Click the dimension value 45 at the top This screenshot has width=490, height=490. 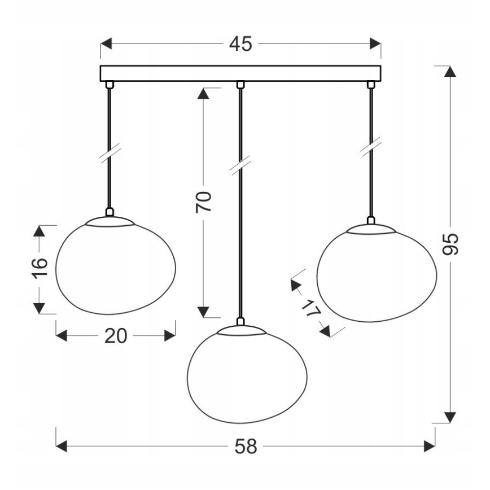click(x=240, y=45)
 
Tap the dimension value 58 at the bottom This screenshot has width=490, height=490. click(x=245, y=447)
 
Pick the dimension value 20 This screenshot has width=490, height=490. click(x=115, y=336)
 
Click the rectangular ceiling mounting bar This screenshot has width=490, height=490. click(x=240, y=73)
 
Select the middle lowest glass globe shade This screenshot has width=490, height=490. click(x=247, y=375)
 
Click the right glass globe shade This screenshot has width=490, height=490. click(x=377, y=273)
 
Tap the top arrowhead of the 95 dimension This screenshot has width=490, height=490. click(x=449, y=72)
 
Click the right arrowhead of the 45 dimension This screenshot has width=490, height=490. click(x=375, y=45)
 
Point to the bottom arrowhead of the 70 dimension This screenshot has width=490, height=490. click(x=204, y=312)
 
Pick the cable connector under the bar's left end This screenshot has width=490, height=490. click(x=110, y=85)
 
